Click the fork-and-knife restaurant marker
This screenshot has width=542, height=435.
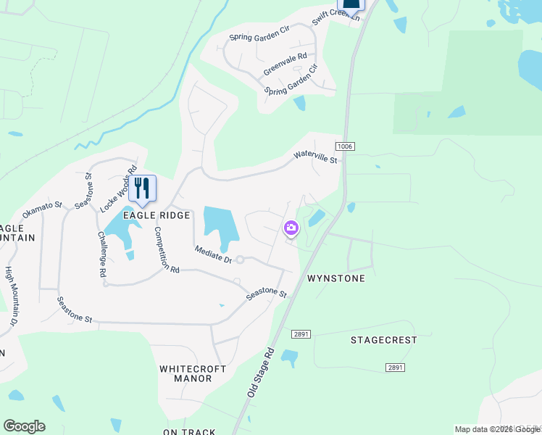142,188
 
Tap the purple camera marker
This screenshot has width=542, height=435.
291,228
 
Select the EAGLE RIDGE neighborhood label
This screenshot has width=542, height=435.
156,215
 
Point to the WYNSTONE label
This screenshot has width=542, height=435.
335,278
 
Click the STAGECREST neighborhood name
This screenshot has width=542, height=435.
384,339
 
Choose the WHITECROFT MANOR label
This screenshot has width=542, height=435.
193,373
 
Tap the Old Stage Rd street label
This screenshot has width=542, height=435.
260,370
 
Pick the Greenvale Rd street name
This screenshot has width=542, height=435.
285,64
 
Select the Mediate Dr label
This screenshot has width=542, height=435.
213,254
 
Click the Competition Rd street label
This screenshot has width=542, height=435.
166,249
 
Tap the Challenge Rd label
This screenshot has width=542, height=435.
101,254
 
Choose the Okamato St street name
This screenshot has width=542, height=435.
43,211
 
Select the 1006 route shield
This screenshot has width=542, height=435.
345,146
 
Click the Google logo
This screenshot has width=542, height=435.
24,426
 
